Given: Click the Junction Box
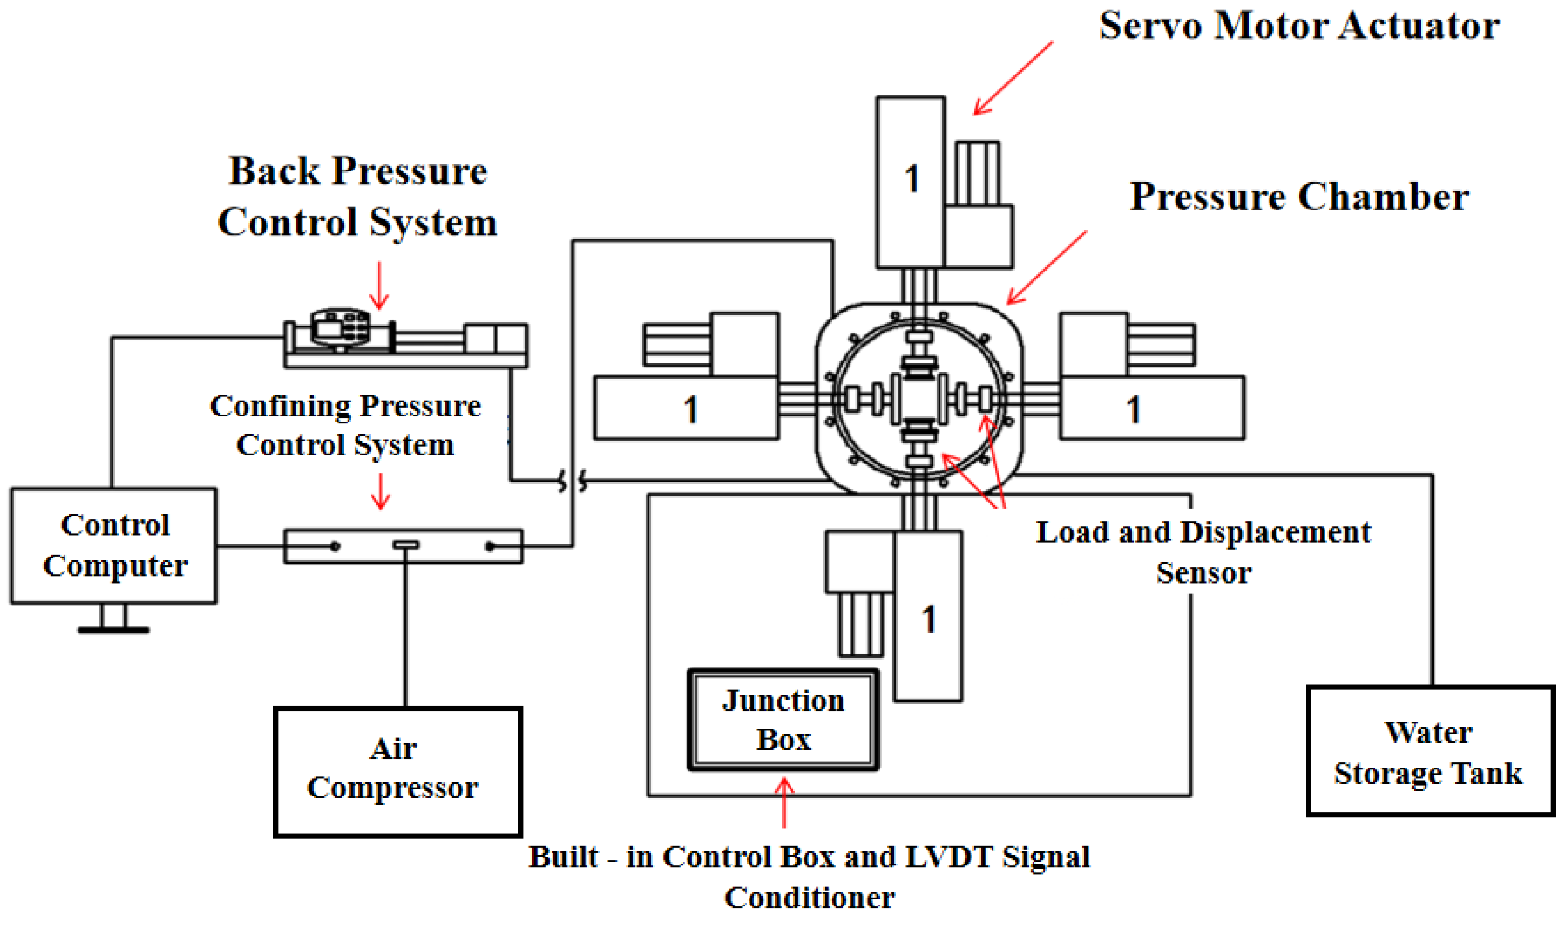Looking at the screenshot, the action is click(x=783, y=720).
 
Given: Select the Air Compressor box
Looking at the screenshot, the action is click(x=398, y=773).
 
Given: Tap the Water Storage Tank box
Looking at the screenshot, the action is click(x=1431, y=752).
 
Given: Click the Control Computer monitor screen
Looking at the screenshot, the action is click(x=114, y=546).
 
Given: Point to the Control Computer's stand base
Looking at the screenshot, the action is click(x=113, y=630).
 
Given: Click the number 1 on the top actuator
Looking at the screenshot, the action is click(x=912, y=178).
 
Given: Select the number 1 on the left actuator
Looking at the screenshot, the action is click(x=690, y=409).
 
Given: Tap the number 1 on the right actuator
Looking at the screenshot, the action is click(x=1134, y=409).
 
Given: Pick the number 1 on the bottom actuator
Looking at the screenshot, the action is click(x=929, y=620).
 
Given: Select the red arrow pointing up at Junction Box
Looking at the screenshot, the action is click(x=784, y=802).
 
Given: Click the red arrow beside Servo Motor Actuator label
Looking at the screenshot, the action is click(x=1013, y=78).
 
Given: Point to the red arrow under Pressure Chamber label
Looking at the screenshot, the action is click(x=1047, y=268).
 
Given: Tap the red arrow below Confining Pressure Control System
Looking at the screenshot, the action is click(x=380, y=491).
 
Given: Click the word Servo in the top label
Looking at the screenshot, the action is click(x=1150, y=26).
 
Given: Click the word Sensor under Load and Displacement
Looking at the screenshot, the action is click(x=1204, y=572).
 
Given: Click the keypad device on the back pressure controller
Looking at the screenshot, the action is click(x=340, y=327).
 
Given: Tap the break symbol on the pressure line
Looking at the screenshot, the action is click(x=573, y=481).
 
